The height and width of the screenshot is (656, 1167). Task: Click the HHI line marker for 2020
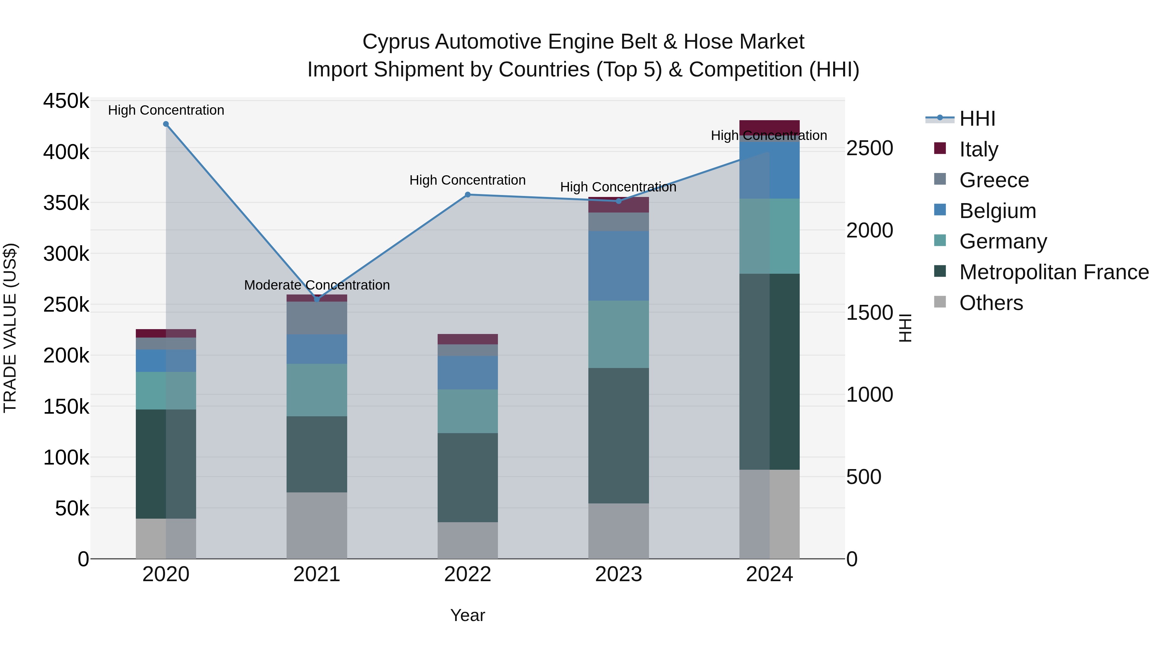point(166,124)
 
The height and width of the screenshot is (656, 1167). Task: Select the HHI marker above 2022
point(467,195)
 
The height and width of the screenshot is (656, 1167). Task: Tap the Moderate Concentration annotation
point(317,285)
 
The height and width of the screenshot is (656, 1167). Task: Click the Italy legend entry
point(979,149)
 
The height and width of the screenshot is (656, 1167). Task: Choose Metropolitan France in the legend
point(1054,272)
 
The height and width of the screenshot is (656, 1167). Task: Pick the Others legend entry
point(991,303)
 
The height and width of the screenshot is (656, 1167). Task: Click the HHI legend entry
point(977,119)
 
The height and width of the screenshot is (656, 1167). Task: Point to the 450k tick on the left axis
point(66,101)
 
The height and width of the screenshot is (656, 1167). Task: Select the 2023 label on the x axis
point(619,574)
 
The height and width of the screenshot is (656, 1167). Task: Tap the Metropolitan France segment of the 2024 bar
point(769,371)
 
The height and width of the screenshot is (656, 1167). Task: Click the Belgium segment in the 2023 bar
point(619,266)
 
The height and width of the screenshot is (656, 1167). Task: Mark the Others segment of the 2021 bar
point(317,525)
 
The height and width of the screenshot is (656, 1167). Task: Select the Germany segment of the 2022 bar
point(467,411)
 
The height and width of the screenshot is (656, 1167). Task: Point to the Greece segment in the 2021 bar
point(317,318)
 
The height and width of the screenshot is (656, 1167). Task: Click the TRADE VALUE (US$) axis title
point(10,328)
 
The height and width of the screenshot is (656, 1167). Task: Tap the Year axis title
point(467,615)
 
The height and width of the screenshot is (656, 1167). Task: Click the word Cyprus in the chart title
point(395,42)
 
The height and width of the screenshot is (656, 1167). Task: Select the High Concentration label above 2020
point(166,110)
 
